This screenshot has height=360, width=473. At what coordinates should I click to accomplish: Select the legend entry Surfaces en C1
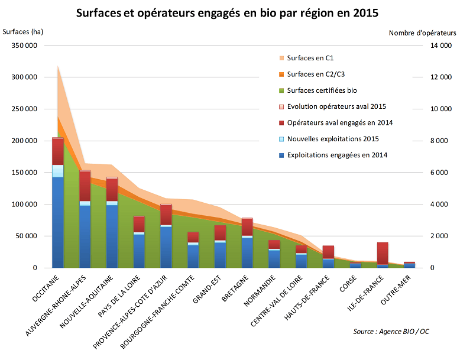click(310, 58)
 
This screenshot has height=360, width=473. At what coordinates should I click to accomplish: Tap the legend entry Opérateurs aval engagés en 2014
click(340, 123)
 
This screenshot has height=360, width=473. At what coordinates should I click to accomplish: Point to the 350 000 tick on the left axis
click(24, 46)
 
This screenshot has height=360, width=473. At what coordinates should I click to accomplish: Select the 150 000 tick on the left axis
click(24, 173)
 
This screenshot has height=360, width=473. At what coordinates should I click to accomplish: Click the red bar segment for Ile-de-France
click(383, 253)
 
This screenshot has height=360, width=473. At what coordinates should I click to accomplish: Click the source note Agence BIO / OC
click(391, 332)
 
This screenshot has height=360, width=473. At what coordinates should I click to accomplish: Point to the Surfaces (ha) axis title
click(23, 31)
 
